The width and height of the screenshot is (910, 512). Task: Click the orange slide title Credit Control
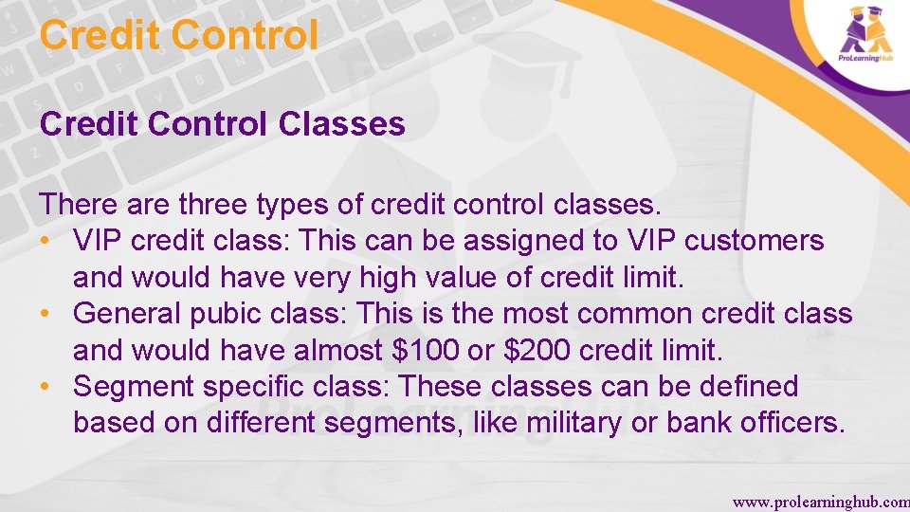point(179,36)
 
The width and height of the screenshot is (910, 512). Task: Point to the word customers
point(755,241)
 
